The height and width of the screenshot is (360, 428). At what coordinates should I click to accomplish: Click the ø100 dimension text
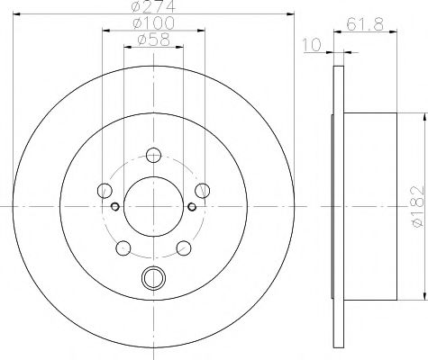coord(150,24)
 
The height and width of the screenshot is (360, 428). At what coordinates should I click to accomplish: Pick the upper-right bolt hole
coord(203,189)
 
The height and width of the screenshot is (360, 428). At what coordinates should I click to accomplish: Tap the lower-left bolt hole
coord(123,246)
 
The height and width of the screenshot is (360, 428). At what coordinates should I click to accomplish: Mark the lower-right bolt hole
coord(184,246)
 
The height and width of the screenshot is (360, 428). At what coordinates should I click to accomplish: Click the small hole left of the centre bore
coord(114,206)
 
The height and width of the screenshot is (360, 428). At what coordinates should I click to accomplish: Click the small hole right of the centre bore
coord(192,206)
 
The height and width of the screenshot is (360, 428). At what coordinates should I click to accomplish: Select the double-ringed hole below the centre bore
coord(153,278)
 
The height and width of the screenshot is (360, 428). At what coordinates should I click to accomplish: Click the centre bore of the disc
coord(153,205)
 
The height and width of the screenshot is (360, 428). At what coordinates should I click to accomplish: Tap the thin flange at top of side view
coord(338,90)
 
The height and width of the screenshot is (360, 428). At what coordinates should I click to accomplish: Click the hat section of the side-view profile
coord(369,205)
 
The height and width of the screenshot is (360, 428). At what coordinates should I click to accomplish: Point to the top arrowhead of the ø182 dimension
coord(422,115)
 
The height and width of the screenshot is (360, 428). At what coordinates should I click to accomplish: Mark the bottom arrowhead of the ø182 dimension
coord(422,296)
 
